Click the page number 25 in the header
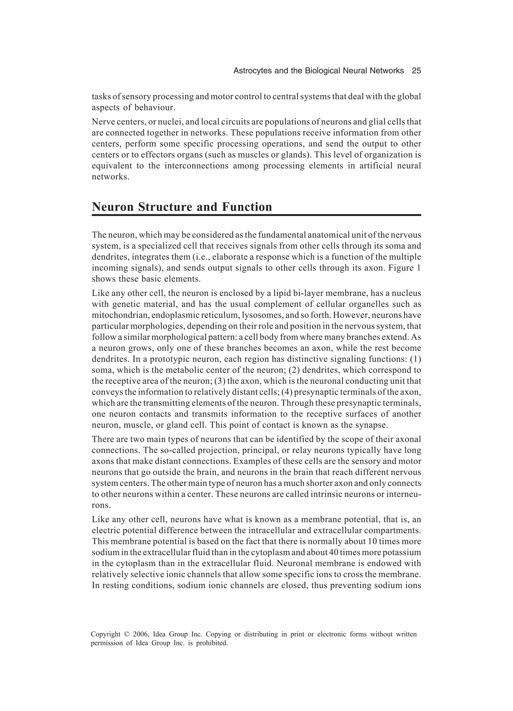pyautogui.click(x=416, y=71)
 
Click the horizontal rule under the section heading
pyautogui.click(x=256, y=215)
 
